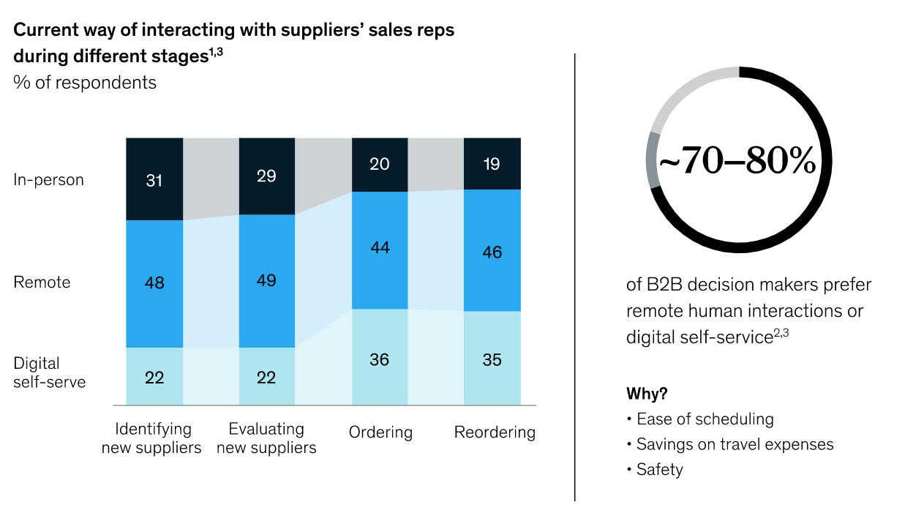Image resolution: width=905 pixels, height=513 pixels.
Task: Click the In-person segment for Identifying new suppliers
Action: pos(154,179)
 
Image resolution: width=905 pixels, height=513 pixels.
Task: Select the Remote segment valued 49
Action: pos(266,280)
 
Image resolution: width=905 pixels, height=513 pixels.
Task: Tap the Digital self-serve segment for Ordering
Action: pos(380,359)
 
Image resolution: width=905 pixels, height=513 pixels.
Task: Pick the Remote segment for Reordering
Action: pos(492,250)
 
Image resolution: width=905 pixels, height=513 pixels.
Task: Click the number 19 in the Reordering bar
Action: pos(492,164)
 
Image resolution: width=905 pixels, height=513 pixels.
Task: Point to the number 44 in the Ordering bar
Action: pos(380,248)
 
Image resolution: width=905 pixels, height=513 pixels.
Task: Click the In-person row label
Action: pos(49,179)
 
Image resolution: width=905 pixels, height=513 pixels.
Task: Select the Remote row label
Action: pos(42,282)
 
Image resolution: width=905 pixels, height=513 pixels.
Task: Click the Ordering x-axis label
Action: pos(380,433)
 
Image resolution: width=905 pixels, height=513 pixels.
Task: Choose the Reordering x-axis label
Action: pos(495,433)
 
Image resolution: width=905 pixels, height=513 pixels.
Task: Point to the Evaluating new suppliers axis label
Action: pos(266,438)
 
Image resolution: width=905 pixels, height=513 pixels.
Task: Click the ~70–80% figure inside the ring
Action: pos(738,162)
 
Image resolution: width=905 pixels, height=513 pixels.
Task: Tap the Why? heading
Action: pos(647,394)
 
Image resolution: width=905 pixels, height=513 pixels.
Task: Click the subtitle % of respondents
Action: pos(85,83)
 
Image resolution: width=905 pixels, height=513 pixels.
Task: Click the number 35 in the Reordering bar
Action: pos(492,360)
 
